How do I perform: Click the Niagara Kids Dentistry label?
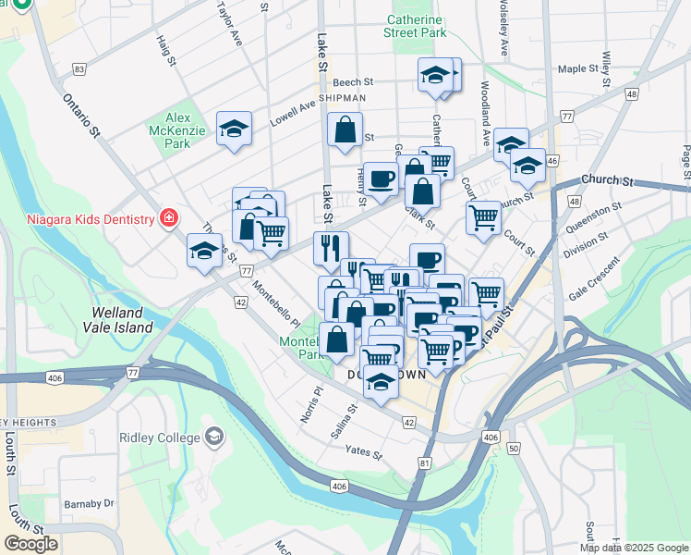click(89, 219)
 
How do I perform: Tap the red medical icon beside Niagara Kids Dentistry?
click(168, 219)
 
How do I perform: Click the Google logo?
click(30, 544)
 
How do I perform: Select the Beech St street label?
click(352, 81)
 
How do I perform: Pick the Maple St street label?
click(579, 69)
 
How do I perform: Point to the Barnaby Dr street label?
click(89, 504)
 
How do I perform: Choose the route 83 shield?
click(80, 69)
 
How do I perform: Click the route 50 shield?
click(512, 448)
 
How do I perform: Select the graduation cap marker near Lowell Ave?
click(235, 129)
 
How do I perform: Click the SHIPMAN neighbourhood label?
click(342, 97)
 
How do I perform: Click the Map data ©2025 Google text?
click(634, 548)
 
